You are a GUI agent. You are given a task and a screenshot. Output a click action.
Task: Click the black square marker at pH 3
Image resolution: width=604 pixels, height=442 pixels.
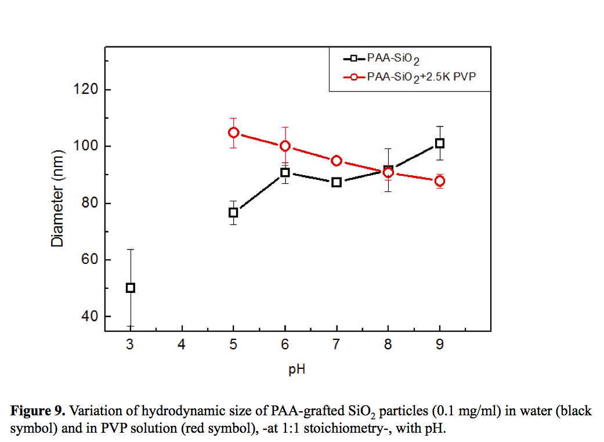point(131,288)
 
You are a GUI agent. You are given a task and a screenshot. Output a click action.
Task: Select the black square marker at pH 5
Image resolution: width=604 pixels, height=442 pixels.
point(233,213)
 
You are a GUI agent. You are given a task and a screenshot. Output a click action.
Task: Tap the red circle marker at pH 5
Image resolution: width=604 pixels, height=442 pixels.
point(233,133)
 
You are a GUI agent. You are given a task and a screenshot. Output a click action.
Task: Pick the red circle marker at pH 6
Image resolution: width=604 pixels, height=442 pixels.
point(285,146)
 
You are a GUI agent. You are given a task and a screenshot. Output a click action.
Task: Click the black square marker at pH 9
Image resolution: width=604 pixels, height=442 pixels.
point(440,143)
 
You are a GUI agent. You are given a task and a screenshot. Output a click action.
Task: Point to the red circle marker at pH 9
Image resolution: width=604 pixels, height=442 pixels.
point(440,181)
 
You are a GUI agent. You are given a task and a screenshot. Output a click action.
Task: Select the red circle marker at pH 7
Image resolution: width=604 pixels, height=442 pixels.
point(337,161)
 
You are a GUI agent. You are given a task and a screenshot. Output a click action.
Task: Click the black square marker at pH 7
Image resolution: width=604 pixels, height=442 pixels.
point(337,182)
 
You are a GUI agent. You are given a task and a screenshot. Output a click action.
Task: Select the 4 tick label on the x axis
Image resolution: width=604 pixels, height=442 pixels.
point(182,345)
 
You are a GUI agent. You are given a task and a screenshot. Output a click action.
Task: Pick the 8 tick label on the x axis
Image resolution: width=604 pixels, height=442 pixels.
point(388,345)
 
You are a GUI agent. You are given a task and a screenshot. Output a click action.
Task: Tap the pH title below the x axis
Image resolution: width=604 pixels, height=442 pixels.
point(296,369)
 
